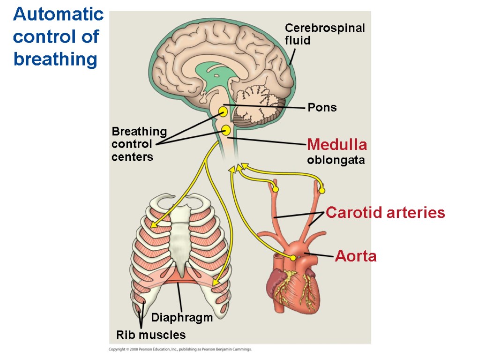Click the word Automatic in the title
[x=58, y=15]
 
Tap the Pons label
[x=322, y=107]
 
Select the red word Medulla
[x=337, y=144]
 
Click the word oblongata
[x=336, y=160]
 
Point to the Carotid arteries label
[x=385, y=213]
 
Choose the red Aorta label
[x=355, y=256]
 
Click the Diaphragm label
[x=182, y=317]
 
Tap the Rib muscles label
[x=151, y=335]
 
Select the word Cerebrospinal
[x=325, y=28]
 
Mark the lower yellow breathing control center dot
[x=226, y=130]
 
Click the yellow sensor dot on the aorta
[x=293, y=257]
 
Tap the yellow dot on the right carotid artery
[x=322, y=190]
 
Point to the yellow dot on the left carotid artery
[x=276, y=189]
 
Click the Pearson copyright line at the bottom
[x=180, y=349]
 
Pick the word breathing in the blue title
[x=55, y=60]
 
